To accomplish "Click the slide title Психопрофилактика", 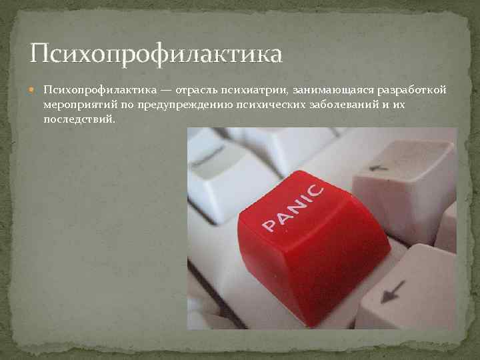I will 157,53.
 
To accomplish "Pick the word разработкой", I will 412,90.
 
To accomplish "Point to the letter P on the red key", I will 268,227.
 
